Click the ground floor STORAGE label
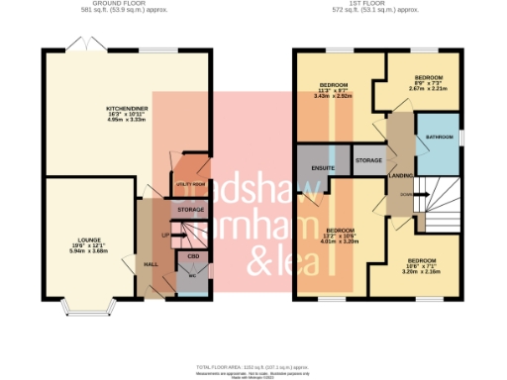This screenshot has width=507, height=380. tap(189, 211)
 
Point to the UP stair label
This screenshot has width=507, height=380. tap(166, 235)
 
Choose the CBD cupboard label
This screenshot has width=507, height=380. tap(194, 256)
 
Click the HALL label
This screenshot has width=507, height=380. tap(152, 264)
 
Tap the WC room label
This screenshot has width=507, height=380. tap(193, 276)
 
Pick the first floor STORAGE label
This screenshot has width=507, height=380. tap(368, 159)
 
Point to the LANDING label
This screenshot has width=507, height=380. tap(402, 176)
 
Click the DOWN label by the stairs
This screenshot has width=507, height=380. tap(407, 194)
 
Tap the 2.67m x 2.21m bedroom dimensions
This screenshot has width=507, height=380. tap(428, 87)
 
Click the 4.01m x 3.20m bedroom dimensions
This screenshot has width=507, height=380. tap(342, 241)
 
